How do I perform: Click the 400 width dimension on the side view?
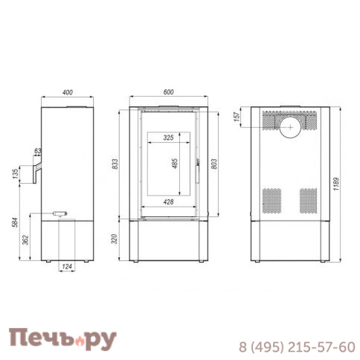click(x=68, y=92)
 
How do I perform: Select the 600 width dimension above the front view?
click(x=167, y=91)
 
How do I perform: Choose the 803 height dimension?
click(x=213, y=164)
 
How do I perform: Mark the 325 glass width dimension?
click(x=167, y=138)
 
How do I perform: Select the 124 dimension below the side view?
click(x=68, y=266)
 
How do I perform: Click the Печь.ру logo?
click(x=63, y=338)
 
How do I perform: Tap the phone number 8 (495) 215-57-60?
click(x=296, y=347)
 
